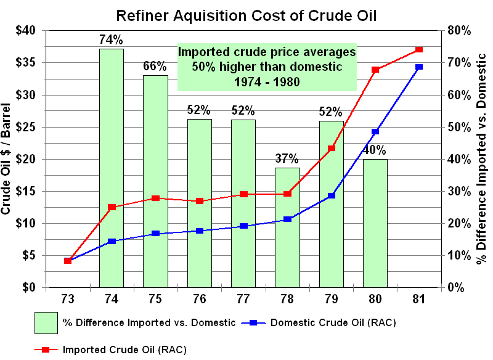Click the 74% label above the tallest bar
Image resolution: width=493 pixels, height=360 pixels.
pos(112,40)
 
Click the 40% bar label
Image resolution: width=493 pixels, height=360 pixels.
pos(375,150)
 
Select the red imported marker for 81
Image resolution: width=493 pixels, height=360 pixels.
pos(419,49)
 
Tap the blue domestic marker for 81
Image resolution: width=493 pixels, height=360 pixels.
pos(419,67)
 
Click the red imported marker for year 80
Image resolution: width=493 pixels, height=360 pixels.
pos(375,70)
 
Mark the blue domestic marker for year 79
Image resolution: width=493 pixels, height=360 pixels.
pos(331,195)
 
